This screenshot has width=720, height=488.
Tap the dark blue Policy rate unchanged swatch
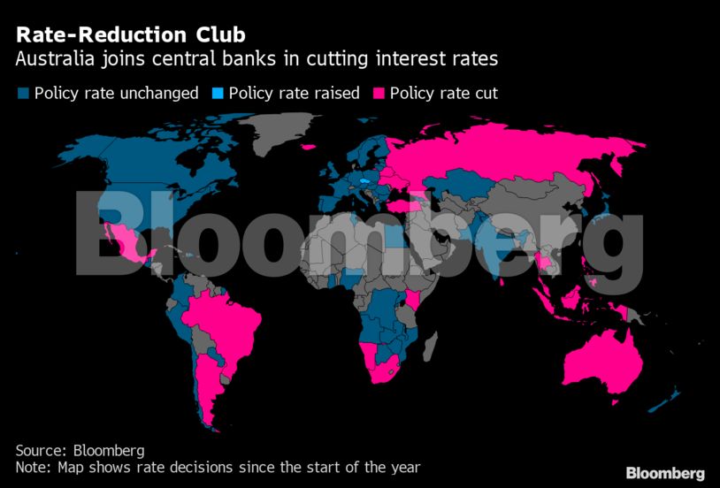24,93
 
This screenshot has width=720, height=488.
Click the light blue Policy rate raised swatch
218,93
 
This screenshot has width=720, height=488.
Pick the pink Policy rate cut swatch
379,93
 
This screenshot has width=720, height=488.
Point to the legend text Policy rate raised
294,93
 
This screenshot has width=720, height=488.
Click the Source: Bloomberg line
80,450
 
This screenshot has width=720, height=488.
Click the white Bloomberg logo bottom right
665,473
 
